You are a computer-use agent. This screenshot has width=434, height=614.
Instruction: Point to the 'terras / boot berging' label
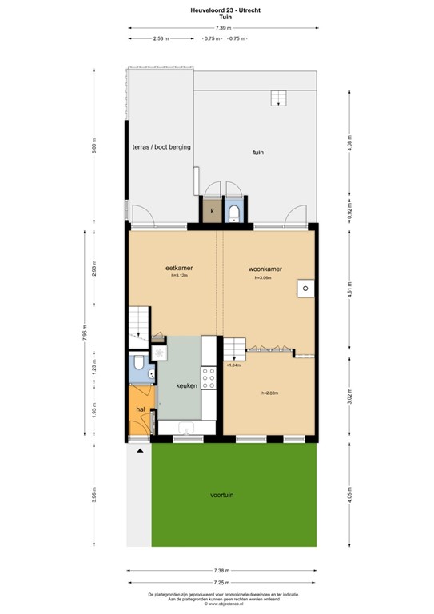coord(161,147)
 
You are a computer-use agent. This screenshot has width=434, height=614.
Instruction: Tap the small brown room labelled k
coord(211,211)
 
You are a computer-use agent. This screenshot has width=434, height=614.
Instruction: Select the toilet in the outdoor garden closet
coord(233,212)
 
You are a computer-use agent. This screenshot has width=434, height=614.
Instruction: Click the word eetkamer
coord(179,268)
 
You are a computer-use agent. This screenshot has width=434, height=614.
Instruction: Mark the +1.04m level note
coord(233,365)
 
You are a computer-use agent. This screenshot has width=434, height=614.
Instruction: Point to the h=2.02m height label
coord(269,393)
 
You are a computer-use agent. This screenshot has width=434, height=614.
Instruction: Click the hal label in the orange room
coord(140,409)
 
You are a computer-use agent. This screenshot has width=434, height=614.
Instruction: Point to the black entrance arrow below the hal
coord(141,452)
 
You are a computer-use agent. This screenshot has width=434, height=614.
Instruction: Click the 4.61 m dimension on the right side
coord(348,293)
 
